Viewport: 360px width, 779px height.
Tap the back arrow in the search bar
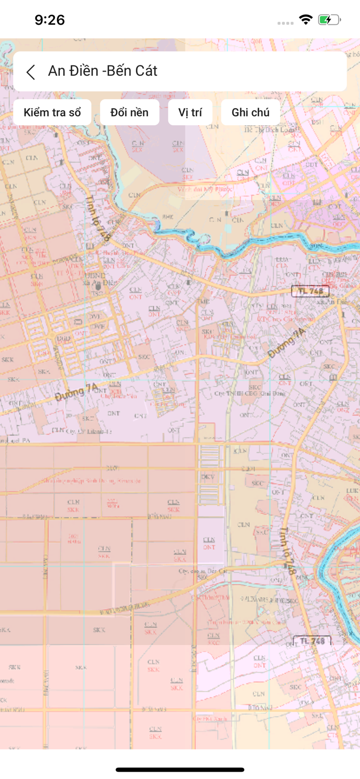click(x=31, y=72)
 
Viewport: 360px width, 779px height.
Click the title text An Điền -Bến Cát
click(x=102, y=71)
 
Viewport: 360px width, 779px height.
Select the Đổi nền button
click(x=129, y=113)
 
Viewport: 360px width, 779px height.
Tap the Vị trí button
click(x=190, y=113)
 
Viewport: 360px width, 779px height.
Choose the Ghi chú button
click(x=250, y=113)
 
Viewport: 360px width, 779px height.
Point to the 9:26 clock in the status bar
click(x=49, y=20)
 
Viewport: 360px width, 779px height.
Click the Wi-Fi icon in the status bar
click(x=305, y=20)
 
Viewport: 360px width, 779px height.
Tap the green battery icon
click(x=329, y=20)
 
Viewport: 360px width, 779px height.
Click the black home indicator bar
click(x=180, y=770)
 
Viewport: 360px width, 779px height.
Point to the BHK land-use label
click(x=167, y=217)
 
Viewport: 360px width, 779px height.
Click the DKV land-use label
click(x=208, y=476)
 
